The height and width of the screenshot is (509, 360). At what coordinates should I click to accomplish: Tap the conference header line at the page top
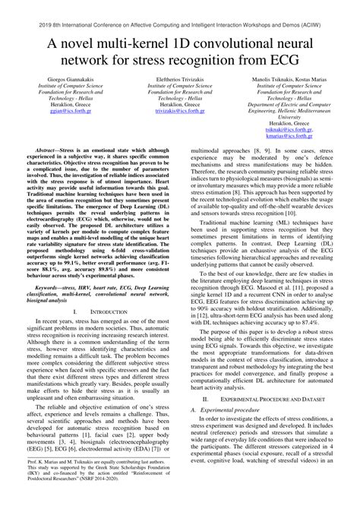click(x=180, y=7)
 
